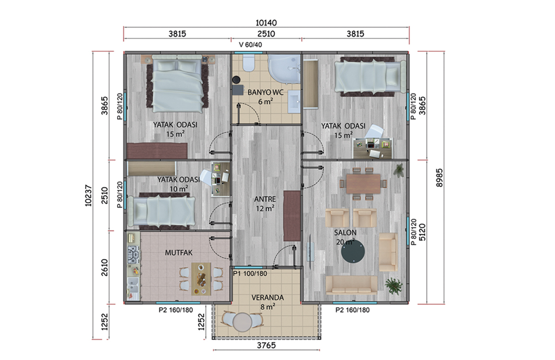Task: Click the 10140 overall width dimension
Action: tap(266, 22)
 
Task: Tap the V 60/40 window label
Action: tap(251, 44)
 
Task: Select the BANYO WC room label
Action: tap(265, 92)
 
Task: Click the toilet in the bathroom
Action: tap(249, 63)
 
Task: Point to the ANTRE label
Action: tap(265, 199)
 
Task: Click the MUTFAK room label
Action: tap(179, 253)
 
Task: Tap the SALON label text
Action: tap(345, 233)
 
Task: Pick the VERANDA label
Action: tap(268, 298)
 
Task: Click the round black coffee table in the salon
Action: tap(353, 251)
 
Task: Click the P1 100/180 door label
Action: tap(250, 273)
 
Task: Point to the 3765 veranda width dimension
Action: tap(266, 345)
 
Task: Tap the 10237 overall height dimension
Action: tap(88, 195)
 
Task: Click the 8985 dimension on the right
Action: tap(440, 178)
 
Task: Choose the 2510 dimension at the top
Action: tap(266, 33)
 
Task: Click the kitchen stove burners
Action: tap(133, 254)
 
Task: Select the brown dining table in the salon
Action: tap(363, 184)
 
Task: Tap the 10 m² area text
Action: tap(178, 189)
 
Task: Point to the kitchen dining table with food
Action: tap(201, 279)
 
